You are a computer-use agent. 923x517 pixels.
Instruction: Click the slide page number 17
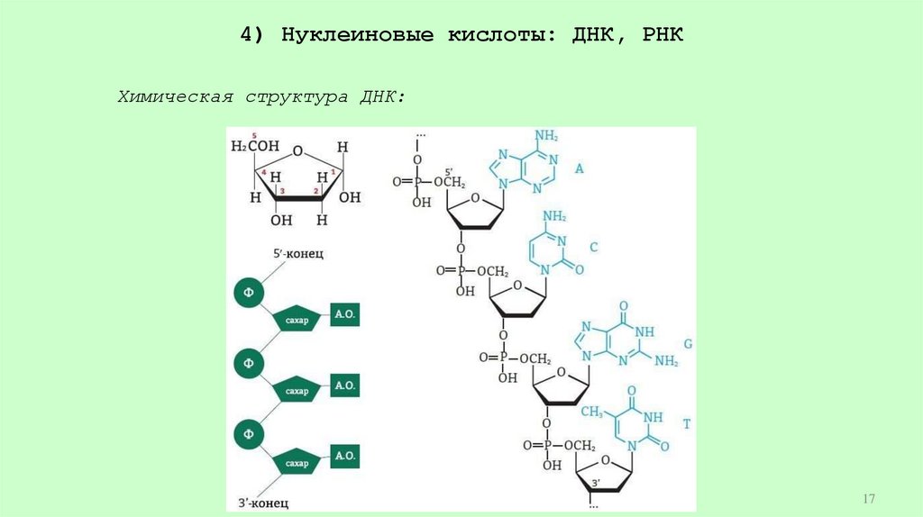(869, 498)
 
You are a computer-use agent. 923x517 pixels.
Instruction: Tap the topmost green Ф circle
(248, 293)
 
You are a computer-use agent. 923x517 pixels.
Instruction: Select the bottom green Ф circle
(248, 435)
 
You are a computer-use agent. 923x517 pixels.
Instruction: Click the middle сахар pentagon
(297, 390)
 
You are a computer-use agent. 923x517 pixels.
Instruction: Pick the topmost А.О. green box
(345, 314)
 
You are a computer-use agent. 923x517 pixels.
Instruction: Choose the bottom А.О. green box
(345, 457)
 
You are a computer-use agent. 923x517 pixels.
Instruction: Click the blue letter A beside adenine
(580, 168)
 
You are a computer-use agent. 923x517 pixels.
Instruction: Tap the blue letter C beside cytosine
(594, 246)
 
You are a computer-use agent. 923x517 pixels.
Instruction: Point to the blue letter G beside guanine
(687, 344)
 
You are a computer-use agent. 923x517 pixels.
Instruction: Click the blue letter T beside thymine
(686, 423)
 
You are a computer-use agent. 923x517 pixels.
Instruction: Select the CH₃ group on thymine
(591, 412)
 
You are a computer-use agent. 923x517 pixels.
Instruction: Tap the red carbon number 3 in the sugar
(282, 192)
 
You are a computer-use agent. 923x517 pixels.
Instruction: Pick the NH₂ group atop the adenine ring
(546, 137)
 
